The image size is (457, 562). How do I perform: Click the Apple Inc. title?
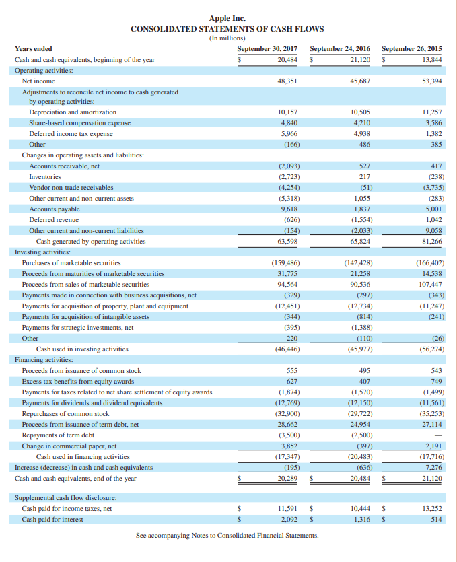click(227, 18)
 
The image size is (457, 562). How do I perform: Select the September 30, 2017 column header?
click(267, 49)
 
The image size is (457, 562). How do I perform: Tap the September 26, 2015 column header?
click(411, 49)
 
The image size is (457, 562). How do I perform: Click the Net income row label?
click(39, 81)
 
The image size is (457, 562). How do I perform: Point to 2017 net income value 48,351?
click(288, 81)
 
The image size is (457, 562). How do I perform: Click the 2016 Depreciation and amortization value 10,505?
click(361, 112)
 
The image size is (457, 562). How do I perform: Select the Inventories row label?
click(45, 176)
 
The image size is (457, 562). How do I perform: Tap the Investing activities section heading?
click(43, 252)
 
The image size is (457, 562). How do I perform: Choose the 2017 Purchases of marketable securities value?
click(285, 262)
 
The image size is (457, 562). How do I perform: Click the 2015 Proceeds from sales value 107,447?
click(429, 284)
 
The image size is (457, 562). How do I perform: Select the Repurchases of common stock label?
click(65, 413)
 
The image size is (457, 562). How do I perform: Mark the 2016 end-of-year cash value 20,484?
click(361, 478)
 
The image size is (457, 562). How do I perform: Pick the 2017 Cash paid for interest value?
click(289, 519)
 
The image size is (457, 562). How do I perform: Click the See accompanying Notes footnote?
click(227, 536)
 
